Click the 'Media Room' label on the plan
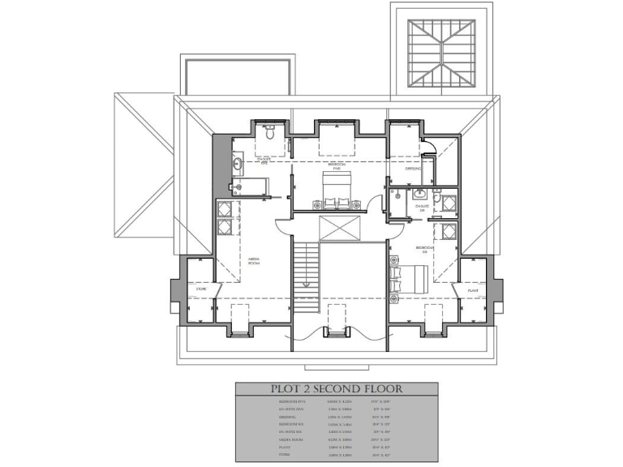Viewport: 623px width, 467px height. (254, 260)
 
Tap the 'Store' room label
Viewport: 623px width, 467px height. (200, 289)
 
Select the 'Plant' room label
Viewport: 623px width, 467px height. (472, 289)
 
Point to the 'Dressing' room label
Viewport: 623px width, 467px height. (413, 169)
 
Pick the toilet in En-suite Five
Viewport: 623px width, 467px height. (271, 128)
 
